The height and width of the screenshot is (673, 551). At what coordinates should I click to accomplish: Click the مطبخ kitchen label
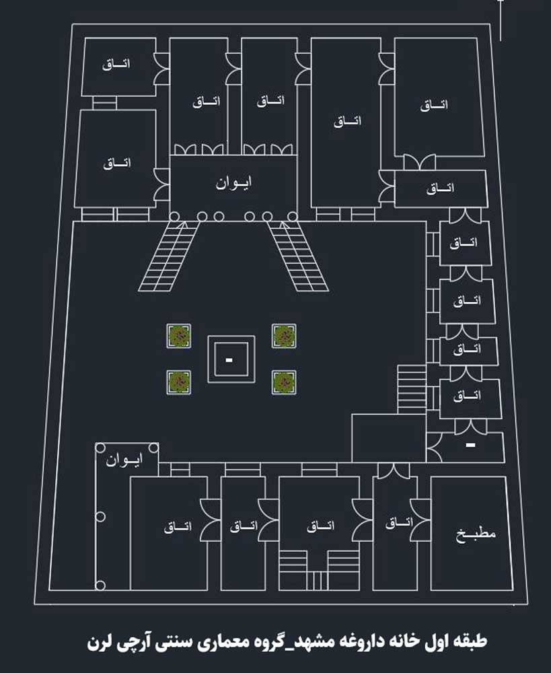476,534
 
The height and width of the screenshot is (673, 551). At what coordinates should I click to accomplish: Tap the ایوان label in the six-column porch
233,183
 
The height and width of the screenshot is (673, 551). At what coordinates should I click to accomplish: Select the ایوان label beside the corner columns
124,460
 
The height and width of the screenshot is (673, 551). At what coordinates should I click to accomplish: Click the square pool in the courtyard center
231,359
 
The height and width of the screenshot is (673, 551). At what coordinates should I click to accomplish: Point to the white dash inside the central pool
229,360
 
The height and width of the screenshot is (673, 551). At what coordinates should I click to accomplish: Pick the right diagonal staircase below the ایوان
298,256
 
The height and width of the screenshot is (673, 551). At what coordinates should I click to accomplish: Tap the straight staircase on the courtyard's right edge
412,389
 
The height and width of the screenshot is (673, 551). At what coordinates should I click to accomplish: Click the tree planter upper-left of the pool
179,336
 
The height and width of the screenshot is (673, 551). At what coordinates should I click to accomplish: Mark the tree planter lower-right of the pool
284,382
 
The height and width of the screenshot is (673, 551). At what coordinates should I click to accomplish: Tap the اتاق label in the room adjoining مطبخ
399,522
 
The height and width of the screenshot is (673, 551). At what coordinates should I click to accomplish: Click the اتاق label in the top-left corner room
116,65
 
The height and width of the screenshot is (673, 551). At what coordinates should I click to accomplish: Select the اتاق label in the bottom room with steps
320,526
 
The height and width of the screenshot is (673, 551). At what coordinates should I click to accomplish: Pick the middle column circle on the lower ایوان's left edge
100,517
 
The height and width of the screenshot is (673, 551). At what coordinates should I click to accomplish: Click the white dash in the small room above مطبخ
471,445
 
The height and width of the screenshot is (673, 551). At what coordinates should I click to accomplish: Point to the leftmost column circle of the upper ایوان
174,217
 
